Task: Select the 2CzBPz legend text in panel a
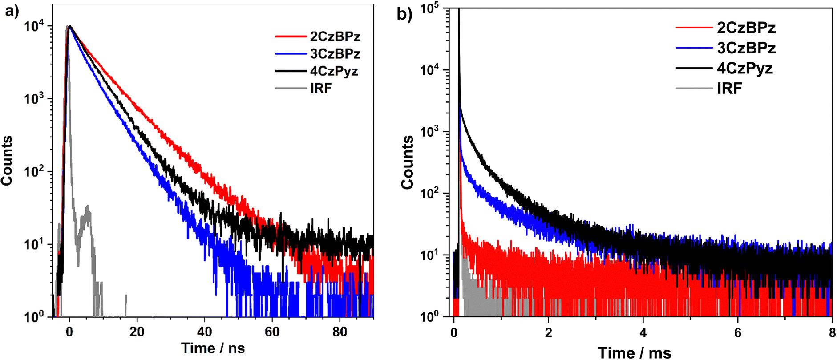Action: click(x=335, y=36)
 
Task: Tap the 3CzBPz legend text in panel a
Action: click(x=335, y=54)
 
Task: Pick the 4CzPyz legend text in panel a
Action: click(x=334, y=71)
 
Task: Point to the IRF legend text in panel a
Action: click(x=321, y=88)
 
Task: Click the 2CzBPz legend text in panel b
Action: click(x=746, y=28)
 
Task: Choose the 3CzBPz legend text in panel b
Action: click(x=746, y=48)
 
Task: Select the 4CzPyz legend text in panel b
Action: click(x=745, y=68)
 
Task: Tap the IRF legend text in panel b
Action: click(x=729, y=89)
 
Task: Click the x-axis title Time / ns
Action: click(x=213, y=348)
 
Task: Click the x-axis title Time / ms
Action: click(x=634, y=353)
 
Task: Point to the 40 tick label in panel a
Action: click(x=205, y=332)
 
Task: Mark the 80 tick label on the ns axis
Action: click(x=340, y=332)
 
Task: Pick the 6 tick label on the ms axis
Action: click(x=738, y=333)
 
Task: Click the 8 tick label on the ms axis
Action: click(x=832, y=333)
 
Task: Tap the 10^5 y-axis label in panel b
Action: click(x=429, y=9)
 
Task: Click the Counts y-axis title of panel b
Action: click(x=407, y=162)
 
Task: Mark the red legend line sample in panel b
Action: click(x=694, y=28)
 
